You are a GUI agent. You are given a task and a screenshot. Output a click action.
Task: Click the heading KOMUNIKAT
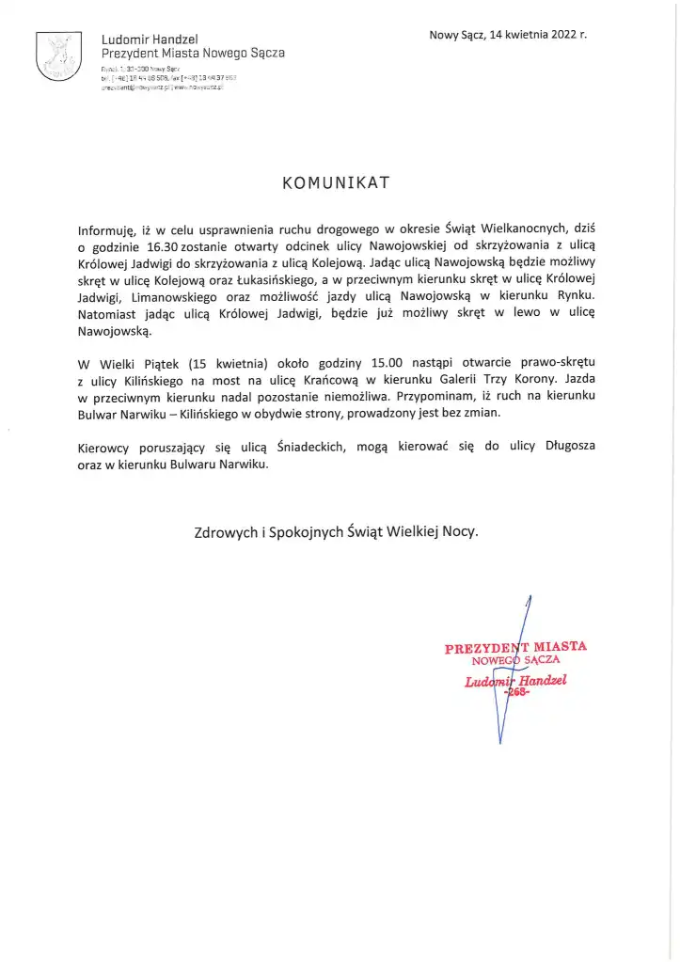click(x=335, y=183)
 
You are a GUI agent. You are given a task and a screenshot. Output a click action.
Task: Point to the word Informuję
click(x=107, y=229)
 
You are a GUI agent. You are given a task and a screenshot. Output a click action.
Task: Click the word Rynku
click(x=577, y=297)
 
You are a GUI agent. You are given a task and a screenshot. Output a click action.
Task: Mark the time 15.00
click(x=373, y=362)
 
